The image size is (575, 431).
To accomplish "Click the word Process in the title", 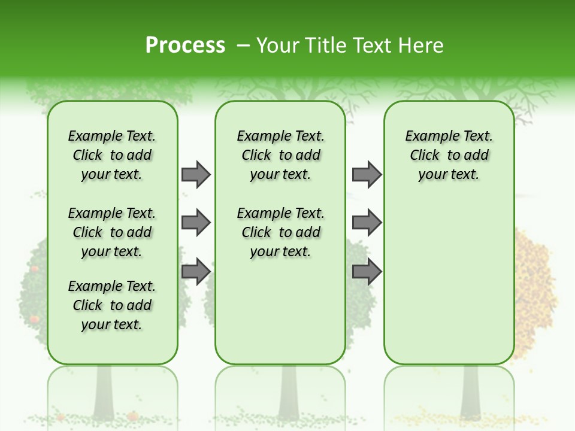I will [185, 45].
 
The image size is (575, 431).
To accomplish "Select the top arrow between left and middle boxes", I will [196, 174].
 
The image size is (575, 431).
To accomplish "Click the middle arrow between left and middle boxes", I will [196, 223].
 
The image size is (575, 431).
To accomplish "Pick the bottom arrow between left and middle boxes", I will [196, 272].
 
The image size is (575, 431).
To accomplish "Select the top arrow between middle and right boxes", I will [367, 174].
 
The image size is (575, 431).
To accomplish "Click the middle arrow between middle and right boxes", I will [367, 223].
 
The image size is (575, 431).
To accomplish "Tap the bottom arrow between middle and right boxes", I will [367, 272].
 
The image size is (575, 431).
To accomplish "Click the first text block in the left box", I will [112, 155].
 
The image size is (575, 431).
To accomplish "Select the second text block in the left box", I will [112, 232].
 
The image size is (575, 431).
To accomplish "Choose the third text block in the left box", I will [112, 305].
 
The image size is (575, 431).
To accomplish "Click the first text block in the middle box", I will [280, 155].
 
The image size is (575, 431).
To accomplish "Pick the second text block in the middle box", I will [280, 232].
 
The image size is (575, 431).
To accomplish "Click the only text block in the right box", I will [449, 155].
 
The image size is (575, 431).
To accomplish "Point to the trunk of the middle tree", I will [289, 392].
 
